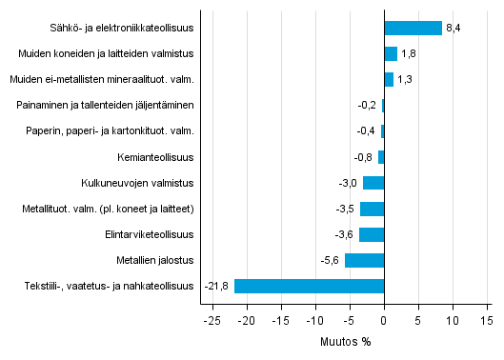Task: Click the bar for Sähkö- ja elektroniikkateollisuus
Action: [413, 29]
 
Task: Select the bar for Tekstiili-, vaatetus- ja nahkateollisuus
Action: [309, 286]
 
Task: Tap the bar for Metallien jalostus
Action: [364, 260]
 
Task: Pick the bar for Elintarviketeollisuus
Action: [372, 234]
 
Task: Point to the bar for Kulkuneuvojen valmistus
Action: [373, 183]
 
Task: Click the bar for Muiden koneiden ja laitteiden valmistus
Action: [391, 54]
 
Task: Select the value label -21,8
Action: [218, 286]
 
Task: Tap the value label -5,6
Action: [331, 260]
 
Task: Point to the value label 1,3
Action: [405, 80]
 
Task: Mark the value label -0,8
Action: [364, 157]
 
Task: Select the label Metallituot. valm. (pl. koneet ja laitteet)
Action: [108, 209]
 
